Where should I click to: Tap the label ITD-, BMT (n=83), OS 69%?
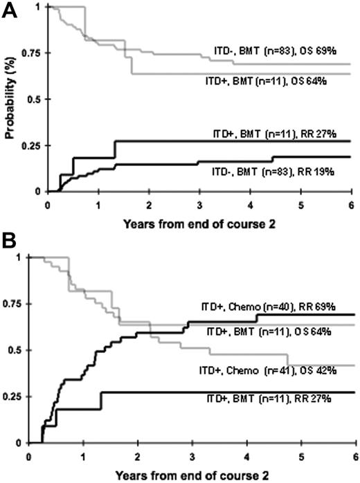275,52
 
